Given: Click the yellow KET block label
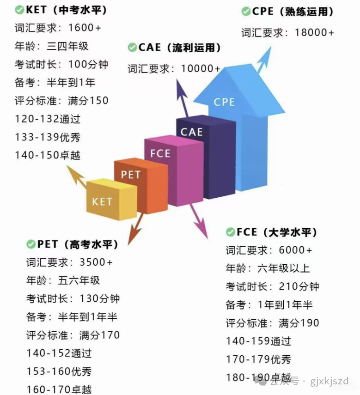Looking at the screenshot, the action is (102, 201).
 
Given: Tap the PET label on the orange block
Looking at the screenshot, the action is (130, 175).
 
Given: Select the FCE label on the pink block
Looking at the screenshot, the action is (160, 153).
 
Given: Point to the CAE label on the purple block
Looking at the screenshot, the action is (191, 132).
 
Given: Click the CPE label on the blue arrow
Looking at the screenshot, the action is (224, 102).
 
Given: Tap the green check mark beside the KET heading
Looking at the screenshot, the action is (19, 10).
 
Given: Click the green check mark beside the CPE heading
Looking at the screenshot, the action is (246, 12).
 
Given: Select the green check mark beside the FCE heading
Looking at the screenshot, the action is (230, 232).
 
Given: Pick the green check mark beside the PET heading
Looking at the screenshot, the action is (31, 244).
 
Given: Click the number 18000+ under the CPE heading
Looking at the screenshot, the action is (314, 32).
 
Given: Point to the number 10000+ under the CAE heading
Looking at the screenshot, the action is (201, 68).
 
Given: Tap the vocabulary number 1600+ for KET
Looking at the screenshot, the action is (85, 28).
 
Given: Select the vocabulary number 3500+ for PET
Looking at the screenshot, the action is (96, 262).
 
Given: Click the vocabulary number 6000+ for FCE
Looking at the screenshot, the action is (295, 250).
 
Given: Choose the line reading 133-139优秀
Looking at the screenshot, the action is (48, 137).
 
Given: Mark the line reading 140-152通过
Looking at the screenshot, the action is (59, 353).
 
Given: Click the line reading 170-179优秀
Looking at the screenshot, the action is (258, 359).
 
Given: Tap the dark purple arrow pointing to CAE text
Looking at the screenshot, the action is (183, 98).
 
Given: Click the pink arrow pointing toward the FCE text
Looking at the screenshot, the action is (199, 221).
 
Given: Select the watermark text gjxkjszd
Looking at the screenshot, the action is (329, 381).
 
